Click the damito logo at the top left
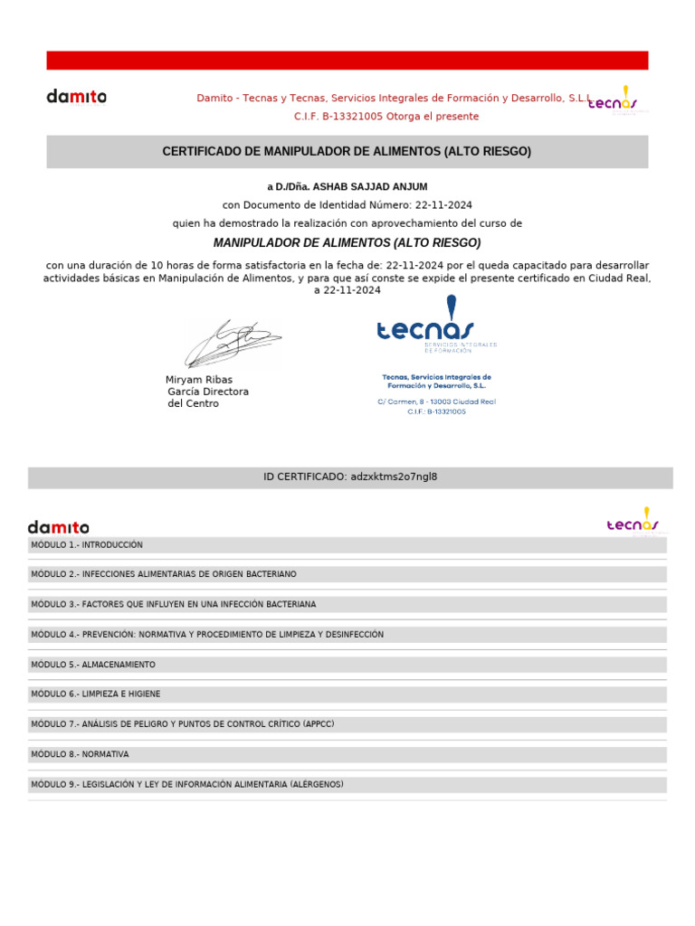point(77,96)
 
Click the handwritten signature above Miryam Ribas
point(233,343)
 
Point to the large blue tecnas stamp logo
point(425,324)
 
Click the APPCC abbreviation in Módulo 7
point(319,724)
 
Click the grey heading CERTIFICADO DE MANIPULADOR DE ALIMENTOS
point(347,152)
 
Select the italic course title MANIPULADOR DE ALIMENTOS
point(347,243)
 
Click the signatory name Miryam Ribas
point(199,380)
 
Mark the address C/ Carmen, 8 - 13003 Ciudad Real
point(436,402)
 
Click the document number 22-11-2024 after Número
point(443,205)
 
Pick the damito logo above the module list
point(59,527)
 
